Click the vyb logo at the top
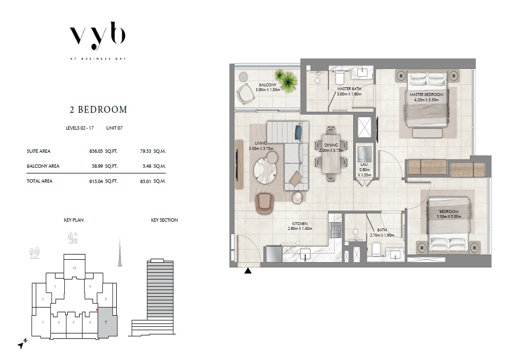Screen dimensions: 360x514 point(98,37)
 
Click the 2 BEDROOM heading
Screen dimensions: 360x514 point(98,110)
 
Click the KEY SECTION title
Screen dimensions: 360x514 point(164,220)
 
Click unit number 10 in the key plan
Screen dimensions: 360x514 point(75,268)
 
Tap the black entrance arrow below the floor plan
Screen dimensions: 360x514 point(248,271)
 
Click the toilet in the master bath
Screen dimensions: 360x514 point(339,78)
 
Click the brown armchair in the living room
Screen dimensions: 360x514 point(266,203)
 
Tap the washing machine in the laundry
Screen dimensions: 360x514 point(365,153)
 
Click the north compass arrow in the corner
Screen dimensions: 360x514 point(21,344)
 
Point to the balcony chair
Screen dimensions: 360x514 point(246,94)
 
